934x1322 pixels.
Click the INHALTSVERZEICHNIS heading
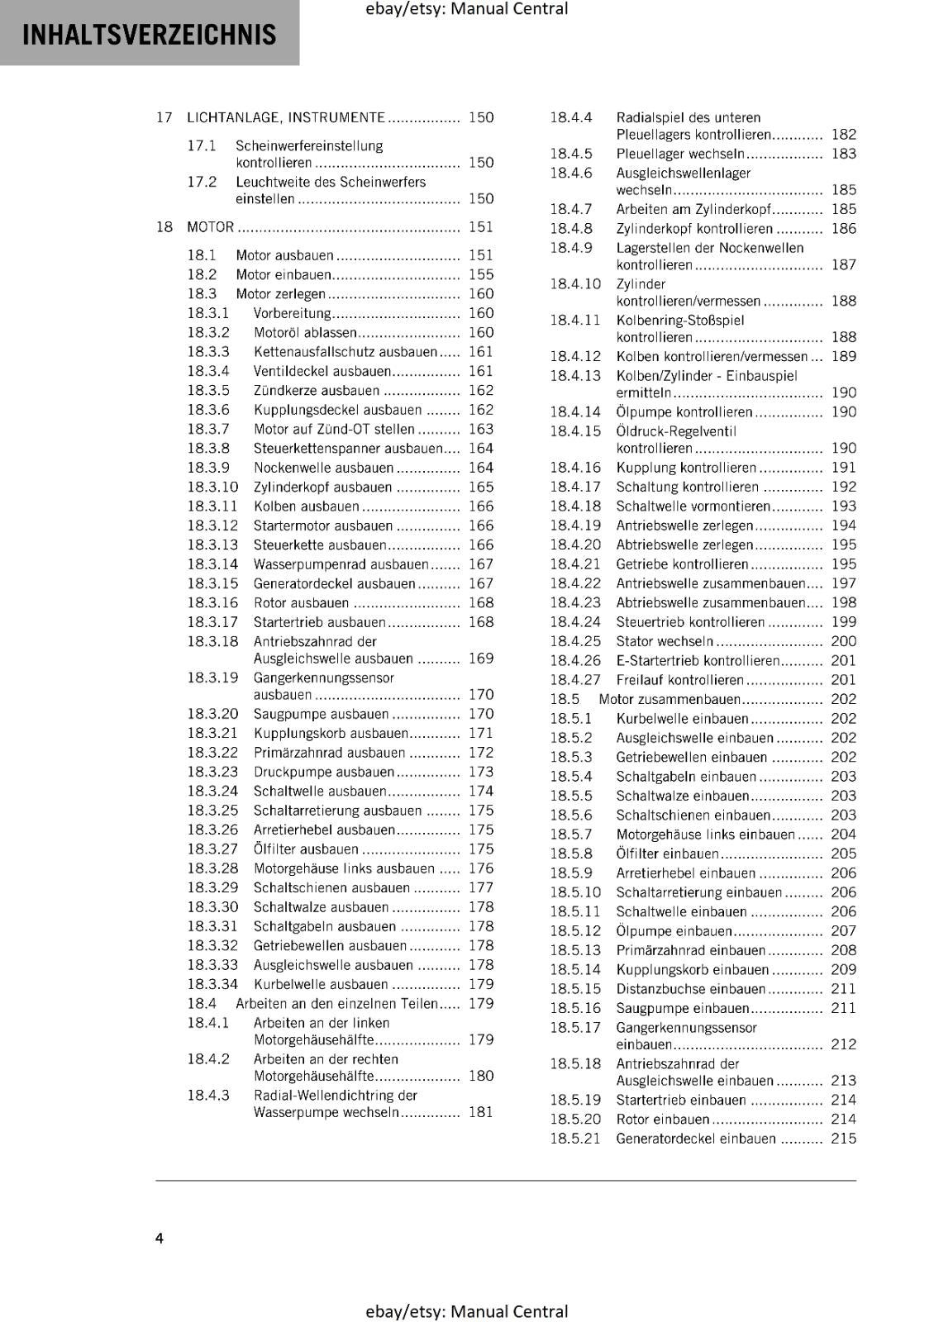click(149, 35)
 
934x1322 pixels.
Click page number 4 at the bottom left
click(160, 1238)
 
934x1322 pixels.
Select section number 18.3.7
click(208, 429)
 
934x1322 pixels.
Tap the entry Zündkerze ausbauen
click(317, 391)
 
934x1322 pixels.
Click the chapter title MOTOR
click(210, 227)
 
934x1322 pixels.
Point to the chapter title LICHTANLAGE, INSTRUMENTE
click(286, 117)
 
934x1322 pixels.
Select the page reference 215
click(843, 1139)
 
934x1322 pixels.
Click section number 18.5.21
click(575, 1139)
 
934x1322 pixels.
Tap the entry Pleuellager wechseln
click(680, 154)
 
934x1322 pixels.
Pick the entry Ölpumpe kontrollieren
click(684, 412)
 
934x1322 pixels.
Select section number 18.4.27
click(575, 680)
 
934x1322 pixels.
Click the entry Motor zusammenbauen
click(670, 699)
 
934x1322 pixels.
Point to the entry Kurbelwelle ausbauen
click(321, 984)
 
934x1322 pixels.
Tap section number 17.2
click(202, 182)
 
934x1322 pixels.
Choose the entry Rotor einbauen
click(663, 1120)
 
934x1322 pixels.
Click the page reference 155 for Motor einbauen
click(480, 274)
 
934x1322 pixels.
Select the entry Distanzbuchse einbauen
click(690, 989)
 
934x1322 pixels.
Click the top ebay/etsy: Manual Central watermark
click(466, 9)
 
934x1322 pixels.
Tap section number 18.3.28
click(212, 868)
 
